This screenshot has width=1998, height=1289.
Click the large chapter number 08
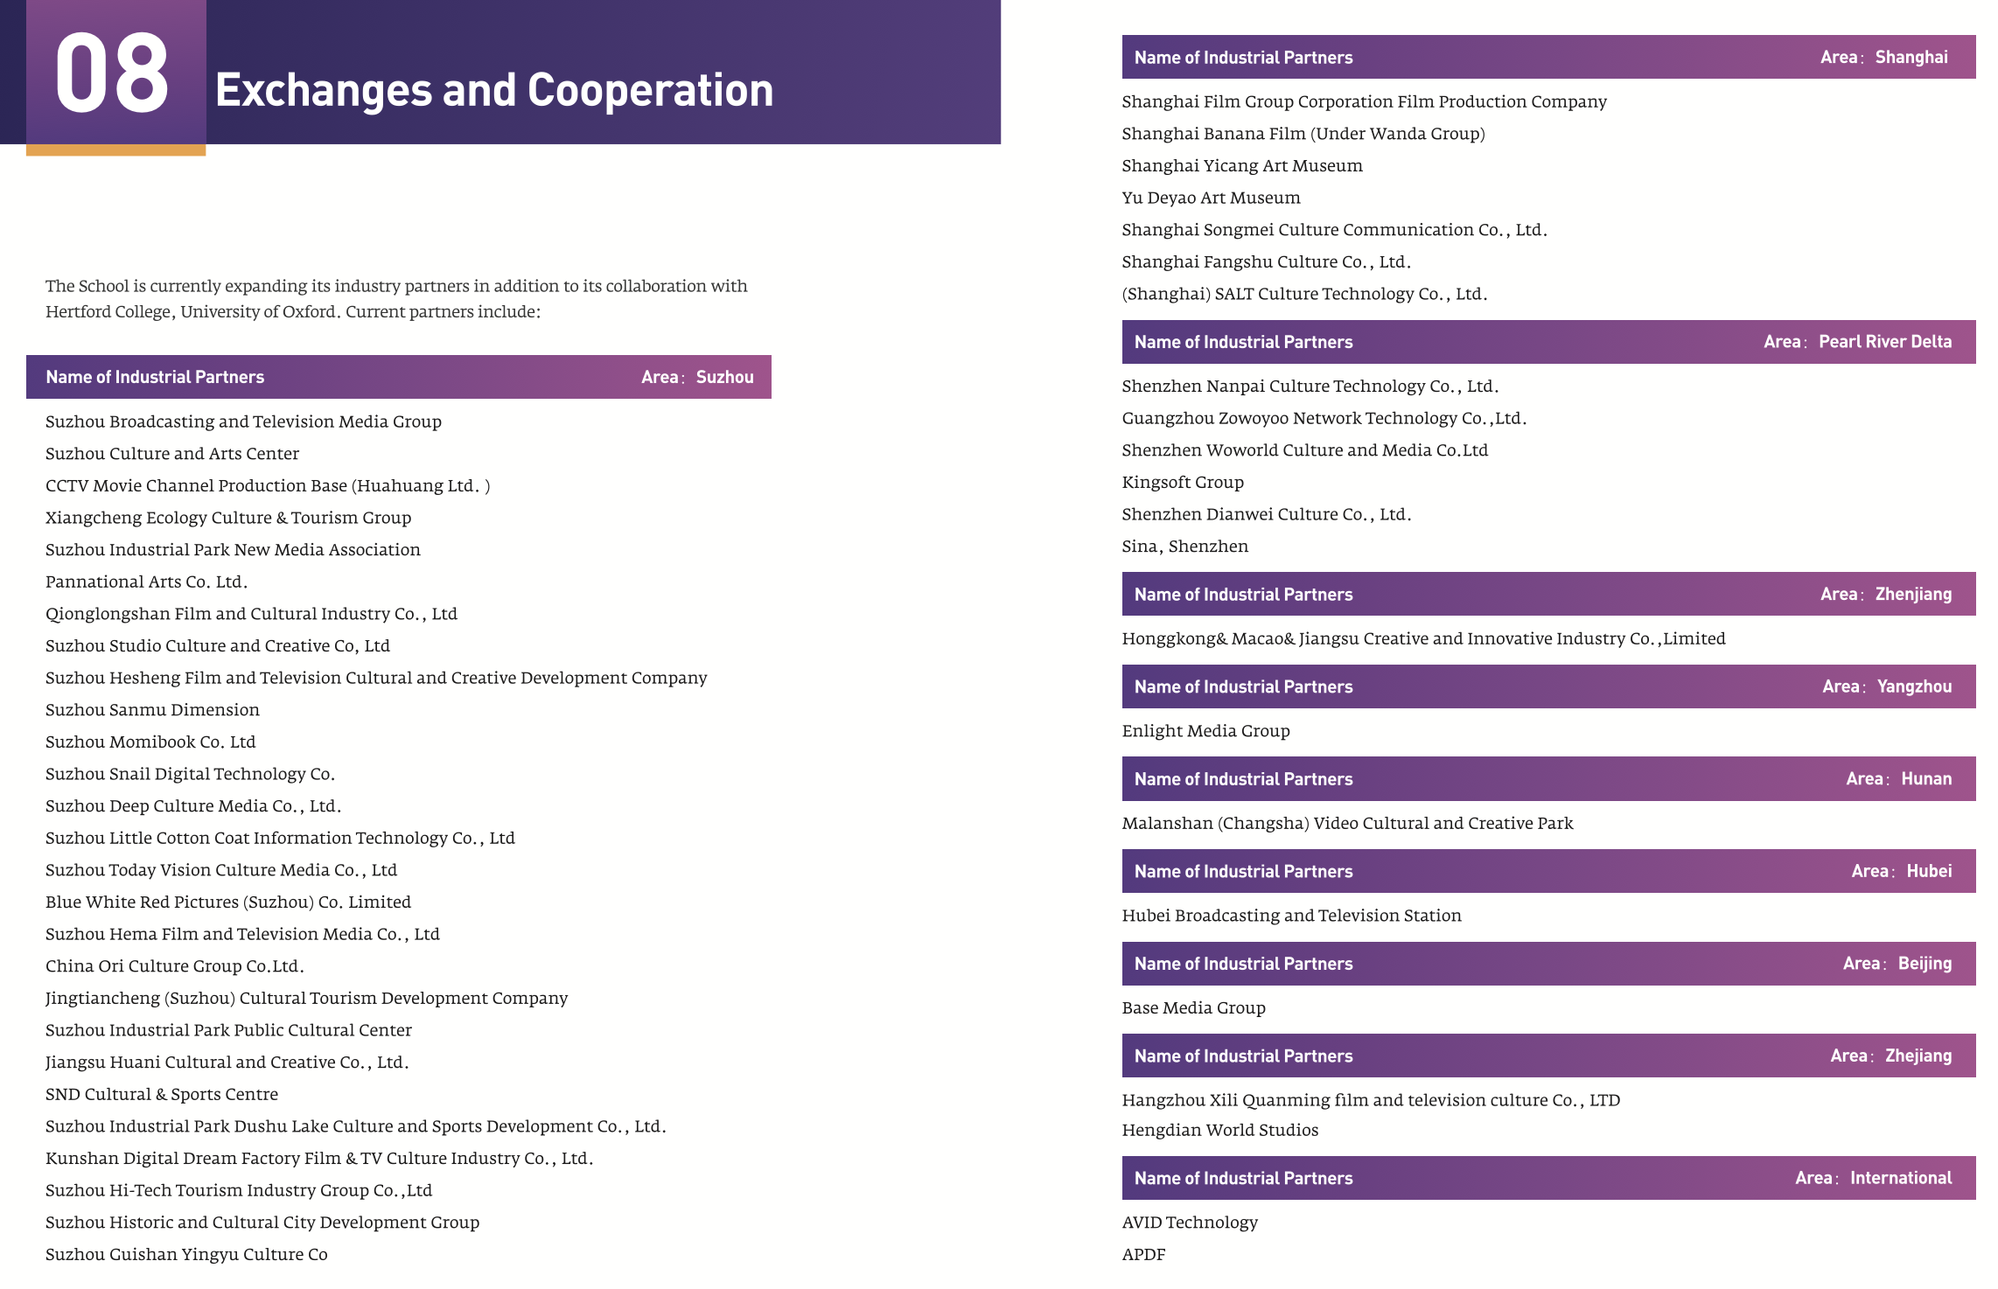tap(112, 73)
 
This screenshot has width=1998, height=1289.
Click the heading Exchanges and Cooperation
tap(494, 90)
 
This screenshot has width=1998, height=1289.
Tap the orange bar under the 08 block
tap(115, 150)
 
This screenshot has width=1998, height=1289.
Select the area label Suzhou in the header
tap(724, 377)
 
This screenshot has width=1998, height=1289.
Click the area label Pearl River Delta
tap(1885, 342)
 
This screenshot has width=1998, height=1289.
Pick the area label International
tap(1901, 1178)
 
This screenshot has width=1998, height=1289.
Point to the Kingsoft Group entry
tap(1183, 483)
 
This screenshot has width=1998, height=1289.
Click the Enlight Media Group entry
tap(1205, 731)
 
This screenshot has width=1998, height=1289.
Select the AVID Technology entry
tap(1190, 1223)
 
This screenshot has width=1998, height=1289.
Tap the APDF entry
tap(1143, 1255)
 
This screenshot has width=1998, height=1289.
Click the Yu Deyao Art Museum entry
tap(1211, 198)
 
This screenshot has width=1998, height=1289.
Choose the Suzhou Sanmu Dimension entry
tap(152, 710)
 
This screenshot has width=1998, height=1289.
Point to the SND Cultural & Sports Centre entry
tap(162, 1094)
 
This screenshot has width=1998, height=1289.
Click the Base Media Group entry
tap(1193, 1008)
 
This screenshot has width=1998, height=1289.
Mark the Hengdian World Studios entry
tap(1219, 1130)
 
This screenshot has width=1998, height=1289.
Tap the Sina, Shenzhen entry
tap(1184, 547)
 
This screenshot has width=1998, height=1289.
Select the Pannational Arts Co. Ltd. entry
tap(146, 582)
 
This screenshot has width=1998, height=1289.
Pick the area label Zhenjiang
tap(1913, 595)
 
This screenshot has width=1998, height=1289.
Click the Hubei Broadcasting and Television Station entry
tap(1291, 916)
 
